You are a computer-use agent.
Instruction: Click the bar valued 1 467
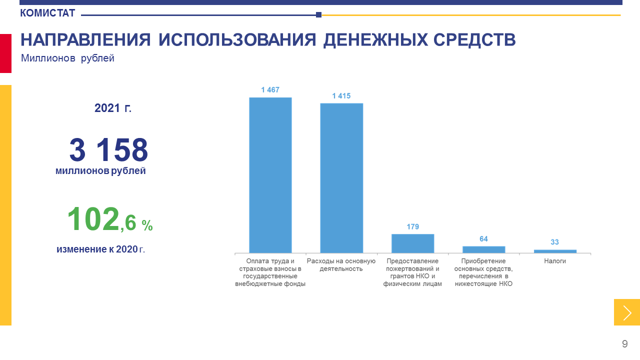pos(270,175)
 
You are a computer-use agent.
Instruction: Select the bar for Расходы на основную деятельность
pos(341,178)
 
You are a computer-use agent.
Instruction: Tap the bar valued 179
pos(412,243)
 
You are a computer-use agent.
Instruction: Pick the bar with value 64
pos(483,249)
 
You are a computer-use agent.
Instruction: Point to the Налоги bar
pos(555,251)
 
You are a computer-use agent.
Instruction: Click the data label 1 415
pos(341,96)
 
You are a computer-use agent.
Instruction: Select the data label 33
pos(554,242)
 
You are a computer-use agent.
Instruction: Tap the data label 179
pos(413,227)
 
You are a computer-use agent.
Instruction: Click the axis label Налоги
pos(555,261)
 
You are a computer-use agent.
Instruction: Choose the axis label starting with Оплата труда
pos(270,272)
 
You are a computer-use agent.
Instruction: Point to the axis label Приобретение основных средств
pos(483,272)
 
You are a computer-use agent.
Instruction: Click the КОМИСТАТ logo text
pos(47,13)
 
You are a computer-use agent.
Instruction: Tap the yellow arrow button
pos(627,312)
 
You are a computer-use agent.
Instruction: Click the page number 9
pos(625,343)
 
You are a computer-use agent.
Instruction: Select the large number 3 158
pos(108,149)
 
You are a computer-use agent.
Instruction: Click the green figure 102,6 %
pos(110,219)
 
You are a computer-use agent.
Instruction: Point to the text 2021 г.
pos(113,108)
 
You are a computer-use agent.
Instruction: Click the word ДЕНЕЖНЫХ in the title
pos(375,39)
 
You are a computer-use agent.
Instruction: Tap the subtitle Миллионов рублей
pos(67,58)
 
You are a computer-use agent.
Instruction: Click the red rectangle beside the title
pos(5,53)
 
